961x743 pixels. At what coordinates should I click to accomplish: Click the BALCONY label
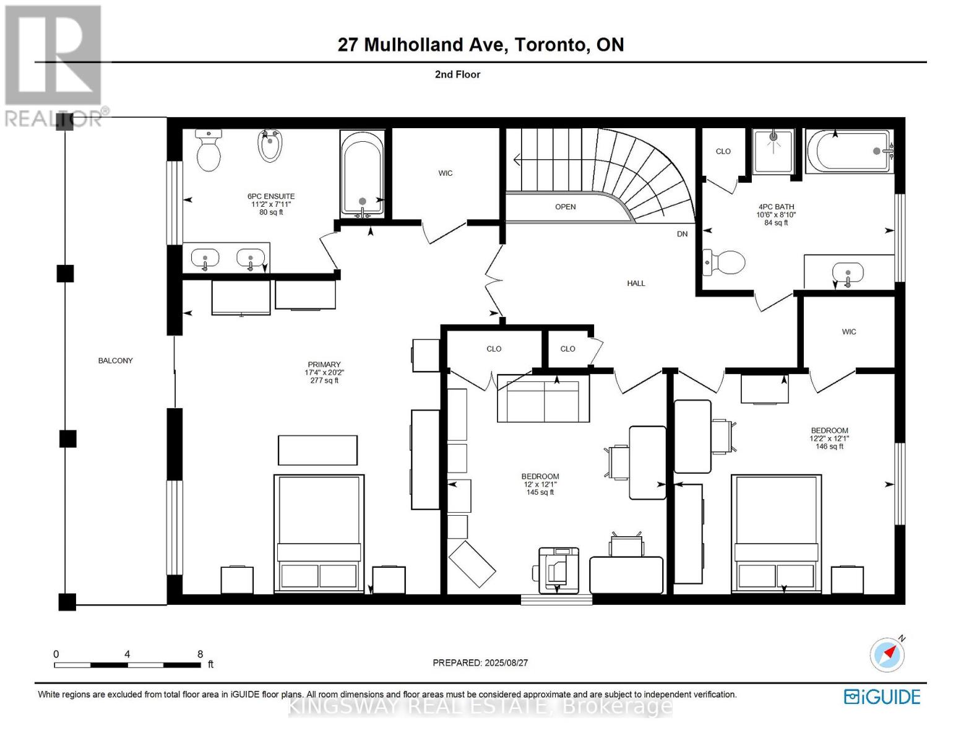[115, 360]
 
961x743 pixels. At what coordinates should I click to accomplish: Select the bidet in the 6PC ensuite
[270, 146]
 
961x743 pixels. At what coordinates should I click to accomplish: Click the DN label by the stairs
[682, 234]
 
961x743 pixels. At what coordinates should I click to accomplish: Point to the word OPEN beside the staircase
[565, 207]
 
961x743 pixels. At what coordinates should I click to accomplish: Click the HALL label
[636, 284]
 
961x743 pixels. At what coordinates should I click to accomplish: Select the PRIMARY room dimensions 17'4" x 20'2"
[324, 373]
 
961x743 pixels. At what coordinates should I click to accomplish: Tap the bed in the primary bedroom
[319, 532]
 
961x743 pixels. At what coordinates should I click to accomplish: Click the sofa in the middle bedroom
[543, 399]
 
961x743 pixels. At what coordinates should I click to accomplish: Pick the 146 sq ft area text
[829, 446]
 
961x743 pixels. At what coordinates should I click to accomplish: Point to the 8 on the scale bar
[200, 654]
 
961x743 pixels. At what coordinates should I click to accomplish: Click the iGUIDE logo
[882, 697]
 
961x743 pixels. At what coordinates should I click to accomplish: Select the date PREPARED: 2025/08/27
[480, 663]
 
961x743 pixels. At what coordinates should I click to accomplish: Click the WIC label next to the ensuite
[446, 173]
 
